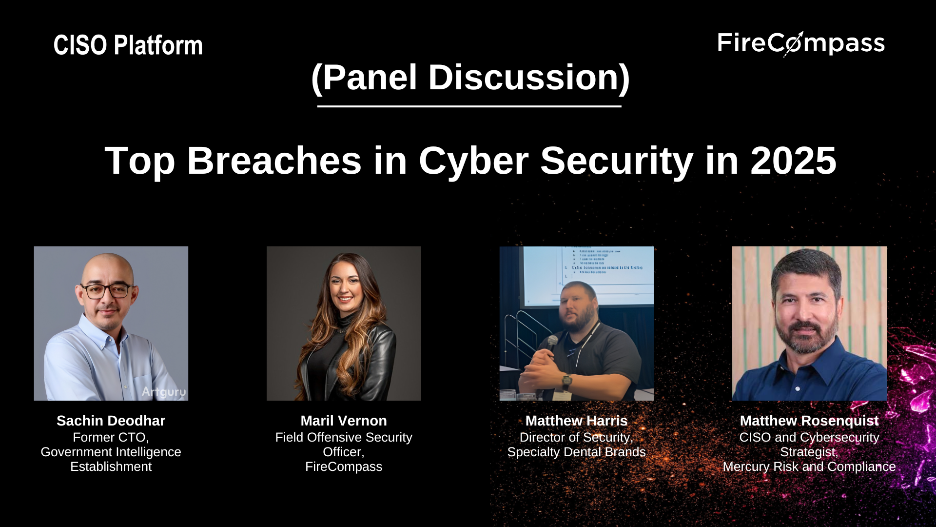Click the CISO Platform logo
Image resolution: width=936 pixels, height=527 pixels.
(x=128, y=45)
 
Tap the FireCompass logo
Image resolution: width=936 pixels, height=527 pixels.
(x=800, y=43)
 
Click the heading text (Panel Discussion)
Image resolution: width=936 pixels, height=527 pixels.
(x=470, y=77)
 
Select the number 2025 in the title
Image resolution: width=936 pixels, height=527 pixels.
(x=793, y=161)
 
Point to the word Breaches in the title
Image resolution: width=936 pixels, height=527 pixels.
(x=274, y=161)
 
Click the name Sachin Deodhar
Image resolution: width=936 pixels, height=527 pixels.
(x=111, y=421)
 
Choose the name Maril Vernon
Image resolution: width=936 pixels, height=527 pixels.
(x=344, y=421)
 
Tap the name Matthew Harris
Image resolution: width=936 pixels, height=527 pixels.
(x=576, y=421)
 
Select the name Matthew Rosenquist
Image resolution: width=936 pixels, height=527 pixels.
(x=809, y=421)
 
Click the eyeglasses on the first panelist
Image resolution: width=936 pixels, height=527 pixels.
(x=107, y=291)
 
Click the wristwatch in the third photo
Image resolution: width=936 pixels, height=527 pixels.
(x=566, y=381)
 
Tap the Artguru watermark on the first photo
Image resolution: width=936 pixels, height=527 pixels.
(x=164, y=391)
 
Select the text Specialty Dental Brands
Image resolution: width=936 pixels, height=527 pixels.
(x=576, y=452)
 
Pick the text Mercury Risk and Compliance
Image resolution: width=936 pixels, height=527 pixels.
(x=809, y=466)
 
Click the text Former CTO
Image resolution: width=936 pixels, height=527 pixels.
(x=111, y=437)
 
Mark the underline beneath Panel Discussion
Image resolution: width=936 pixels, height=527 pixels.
(x=469, y=106)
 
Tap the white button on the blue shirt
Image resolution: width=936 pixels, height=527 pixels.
(x=798, y=389)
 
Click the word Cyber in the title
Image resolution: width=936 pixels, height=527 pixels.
(x=473, y=161)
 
